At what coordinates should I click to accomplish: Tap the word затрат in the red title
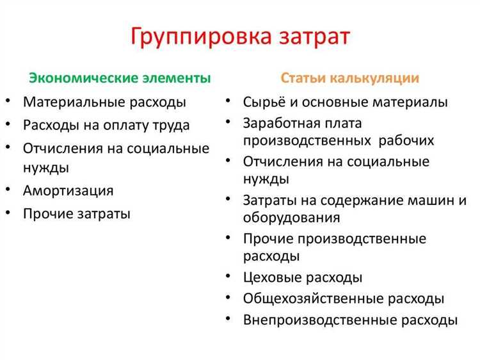[309, 37]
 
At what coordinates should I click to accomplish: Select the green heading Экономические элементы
[120, 79]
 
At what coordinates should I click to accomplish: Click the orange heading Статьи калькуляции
[350, 79]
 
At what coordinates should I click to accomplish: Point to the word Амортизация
[68, 191]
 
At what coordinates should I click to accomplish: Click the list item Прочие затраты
[77, 214]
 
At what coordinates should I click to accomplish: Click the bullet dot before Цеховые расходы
[228, 275]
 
